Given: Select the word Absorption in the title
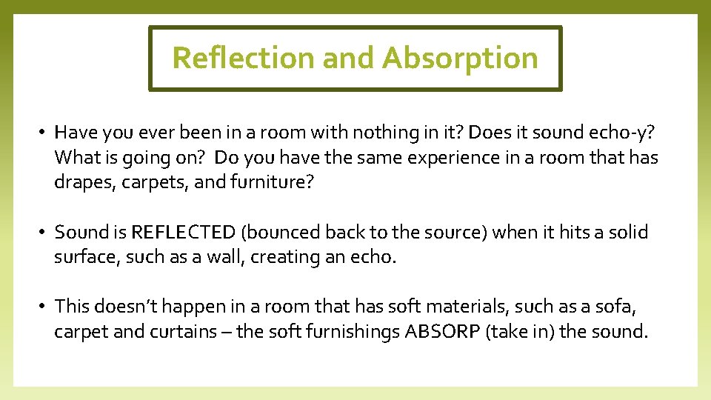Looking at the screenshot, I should (460, 58).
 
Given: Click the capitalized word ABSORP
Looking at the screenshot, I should (442, 331).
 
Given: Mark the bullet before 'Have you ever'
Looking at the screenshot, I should (44, 133).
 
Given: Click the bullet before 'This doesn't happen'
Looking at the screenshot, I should (44, 307).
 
